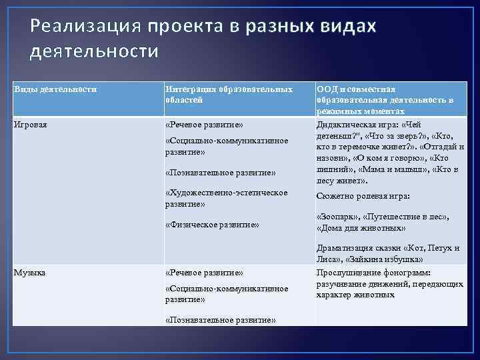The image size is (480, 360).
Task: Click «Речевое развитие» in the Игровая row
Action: pos(204,124)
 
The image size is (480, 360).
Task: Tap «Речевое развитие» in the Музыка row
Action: pos(204,273)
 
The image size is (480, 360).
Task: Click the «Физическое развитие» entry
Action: pos(211,225)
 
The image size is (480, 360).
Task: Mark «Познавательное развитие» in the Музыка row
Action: pos(220,320)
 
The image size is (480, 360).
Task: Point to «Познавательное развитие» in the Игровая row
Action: pos(220,173)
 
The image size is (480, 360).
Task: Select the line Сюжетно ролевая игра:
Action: pos(363,197)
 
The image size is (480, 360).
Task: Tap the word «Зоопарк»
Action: pos(337,217)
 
